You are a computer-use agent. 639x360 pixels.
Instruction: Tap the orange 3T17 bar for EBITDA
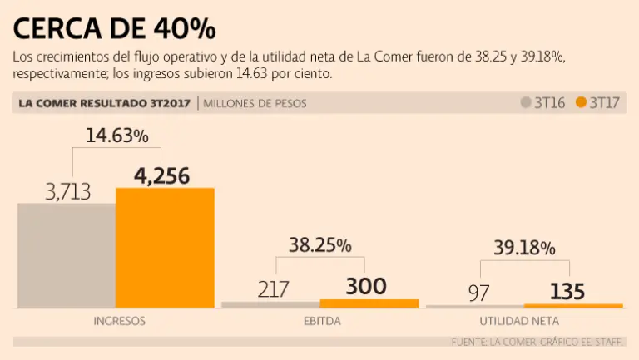(x=369, y=303)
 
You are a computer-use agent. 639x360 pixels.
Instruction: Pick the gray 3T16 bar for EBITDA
(x=270, y=304)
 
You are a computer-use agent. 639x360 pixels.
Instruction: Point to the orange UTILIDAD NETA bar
(x=573, y=306)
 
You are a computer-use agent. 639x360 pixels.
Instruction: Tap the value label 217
(x=273, y=289)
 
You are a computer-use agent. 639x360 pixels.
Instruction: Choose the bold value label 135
(x=567, y=292)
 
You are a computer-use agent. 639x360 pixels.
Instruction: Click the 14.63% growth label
(x=116, y=135)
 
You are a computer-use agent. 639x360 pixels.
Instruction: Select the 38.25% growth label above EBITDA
(x=319, y=245)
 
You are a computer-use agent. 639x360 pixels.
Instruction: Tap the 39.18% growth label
(x=524, y=248)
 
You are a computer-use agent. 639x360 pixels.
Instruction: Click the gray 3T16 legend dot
(x=526, y=103)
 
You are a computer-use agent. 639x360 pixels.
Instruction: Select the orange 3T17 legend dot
(x=581, y=103)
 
